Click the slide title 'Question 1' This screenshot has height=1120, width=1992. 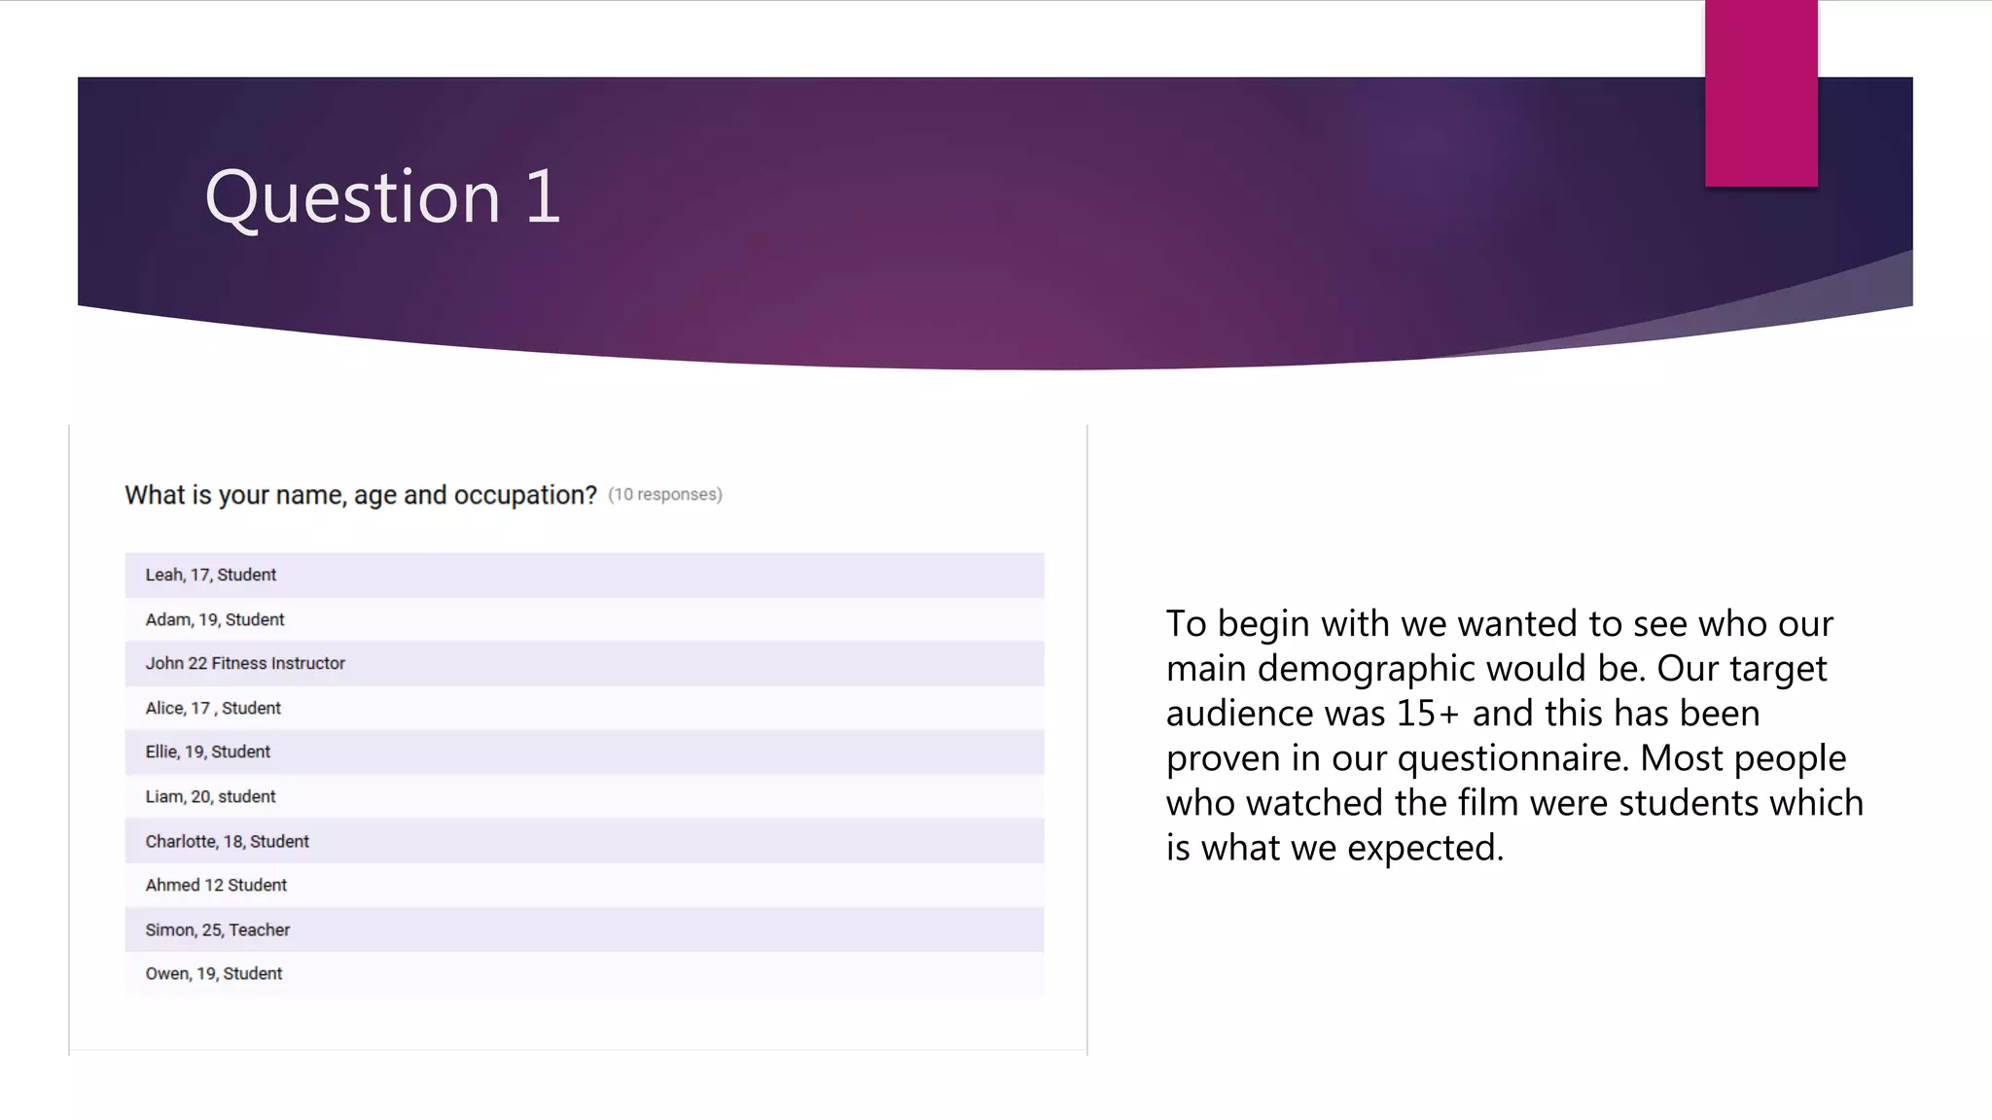[x=382, y=197]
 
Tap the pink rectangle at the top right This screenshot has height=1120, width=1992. [x=1761, y=93]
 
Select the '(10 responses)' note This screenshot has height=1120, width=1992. [x=665, y=495]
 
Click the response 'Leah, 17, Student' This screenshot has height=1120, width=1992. [x=211, y=576]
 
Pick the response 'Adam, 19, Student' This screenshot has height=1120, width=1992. [x=215, y=620]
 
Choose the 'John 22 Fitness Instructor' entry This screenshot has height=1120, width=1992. [x=245, y=664]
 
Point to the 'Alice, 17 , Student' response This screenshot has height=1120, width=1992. [x=213, y=709]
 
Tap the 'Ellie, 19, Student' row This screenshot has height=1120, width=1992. [x=208, y=752]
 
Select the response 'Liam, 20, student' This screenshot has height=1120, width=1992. [x=211, y=797]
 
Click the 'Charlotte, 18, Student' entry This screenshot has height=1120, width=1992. [x=228, y=842]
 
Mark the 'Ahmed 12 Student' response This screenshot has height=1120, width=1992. [x=216, y=886]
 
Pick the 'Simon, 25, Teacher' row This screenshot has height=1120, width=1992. [x=218, y=930]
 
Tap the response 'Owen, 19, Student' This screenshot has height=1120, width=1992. [x=214, y=974]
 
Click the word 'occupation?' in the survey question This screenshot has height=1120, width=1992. [x=525, y=496]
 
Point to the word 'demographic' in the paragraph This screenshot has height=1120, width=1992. [x=1367, y=669]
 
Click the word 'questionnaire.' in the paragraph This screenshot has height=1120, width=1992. [x=1512, y=758]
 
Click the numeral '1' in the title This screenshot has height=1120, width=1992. [x=543, y=197]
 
